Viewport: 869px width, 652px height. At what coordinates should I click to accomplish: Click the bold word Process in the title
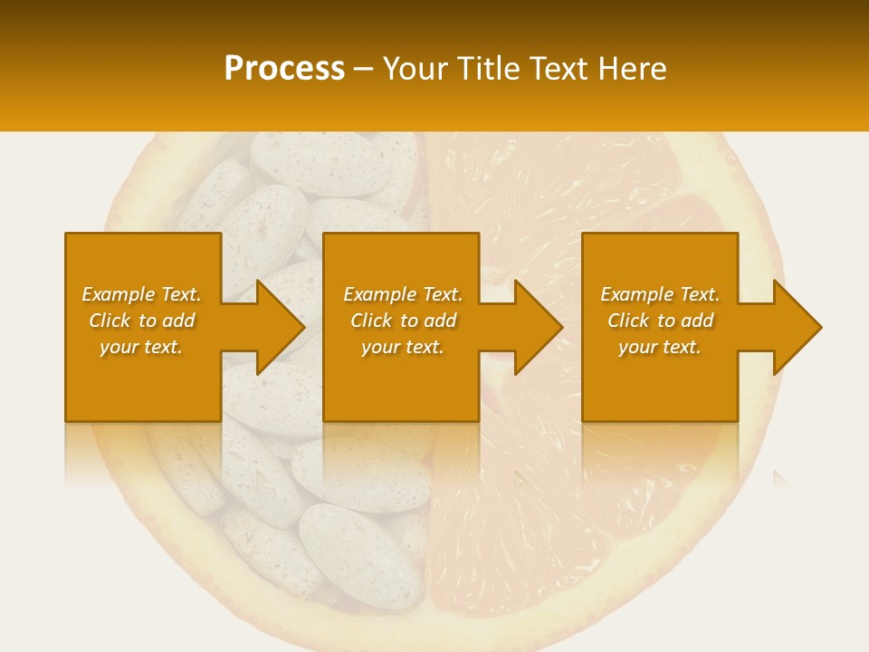284,69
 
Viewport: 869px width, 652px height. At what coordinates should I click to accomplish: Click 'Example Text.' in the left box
141,294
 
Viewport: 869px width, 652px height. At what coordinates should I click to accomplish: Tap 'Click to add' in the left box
141,321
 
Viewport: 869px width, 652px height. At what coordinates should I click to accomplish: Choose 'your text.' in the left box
141,347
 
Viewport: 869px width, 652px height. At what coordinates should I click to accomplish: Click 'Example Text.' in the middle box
403,294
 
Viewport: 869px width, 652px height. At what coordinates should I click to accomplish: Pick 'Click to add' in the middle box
403,321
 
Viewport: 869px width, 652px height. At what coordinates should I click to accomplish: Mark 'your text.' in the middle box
403,347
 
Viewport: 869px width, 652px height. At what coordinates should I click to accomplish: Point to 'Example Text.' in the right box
660,294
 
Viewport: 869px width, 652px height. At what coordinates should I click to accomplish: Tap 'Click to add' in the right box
660,321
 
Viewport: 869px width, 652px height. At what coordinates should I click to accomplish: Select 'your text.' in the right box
660,347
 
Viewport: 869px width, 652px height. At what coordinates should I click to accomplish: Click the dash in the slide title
363,70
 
